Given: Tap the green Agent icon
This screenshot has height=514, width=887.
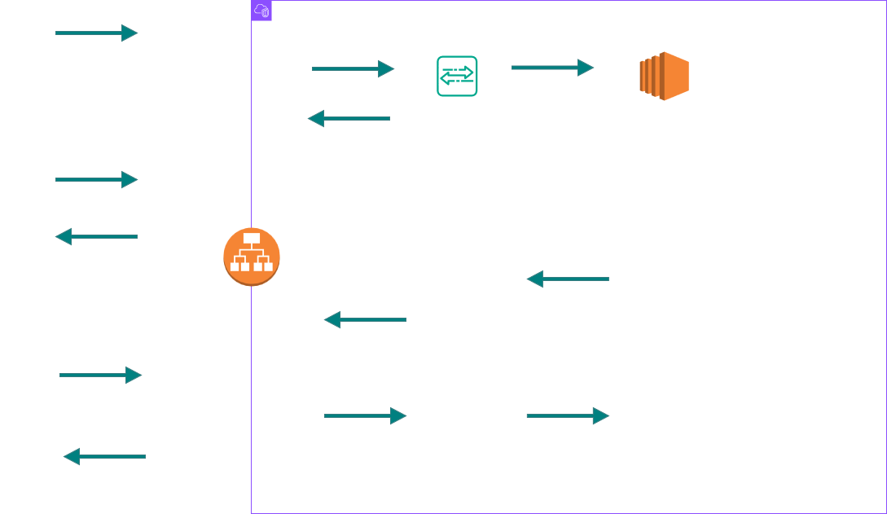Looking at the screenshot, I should coord(457,76).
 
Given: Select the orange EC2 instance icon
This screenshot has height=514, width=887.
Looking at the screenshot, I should coord(664,76).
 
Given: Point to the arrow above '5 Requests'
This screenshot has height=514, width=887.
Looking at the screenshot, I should coord(96,33).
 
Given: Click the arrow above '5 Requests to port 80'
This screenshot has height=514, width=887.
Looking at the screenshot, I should coord(353,69).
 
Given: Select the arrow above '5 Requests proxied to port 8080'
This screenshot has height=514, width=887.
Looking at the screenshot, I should coord(553,68).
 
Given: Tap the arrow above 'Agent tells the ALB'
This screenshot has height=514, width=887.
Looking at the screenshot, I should coord(349,118).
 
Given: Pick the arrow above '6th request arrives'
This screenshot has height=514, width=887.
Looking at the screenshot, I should coord(96,180).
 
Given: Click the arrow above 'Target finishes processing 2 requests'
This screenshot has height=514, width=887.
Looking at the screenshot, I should coord(568,280).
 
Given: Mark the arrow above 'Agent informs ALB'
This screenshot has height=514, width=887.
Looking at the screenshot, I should coord(365,320).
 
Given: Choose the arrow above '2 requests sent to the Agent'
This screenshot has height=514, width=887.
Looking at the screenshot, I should coord(365,416).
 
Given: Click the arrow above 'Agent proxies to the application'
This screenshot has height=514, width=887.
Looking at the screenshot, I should coord(568,416).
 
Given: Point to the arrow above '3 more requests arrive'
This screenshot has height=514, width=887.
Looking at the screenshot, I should coord(100,376).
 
